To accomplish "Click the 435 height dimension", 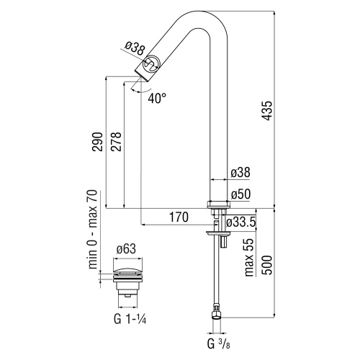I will click(268, 109).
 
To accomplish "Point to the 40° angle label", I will click(158, 97).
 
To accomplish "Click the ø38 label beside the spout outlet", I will click(135, 48).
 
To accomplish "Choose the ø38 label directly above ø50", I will click(240, 173).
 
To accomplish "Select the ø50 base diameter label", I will click(240, 194).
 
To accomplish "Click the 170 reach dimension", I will click(179, 217).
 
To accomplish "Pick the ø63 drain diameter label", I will click(127, 249).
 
